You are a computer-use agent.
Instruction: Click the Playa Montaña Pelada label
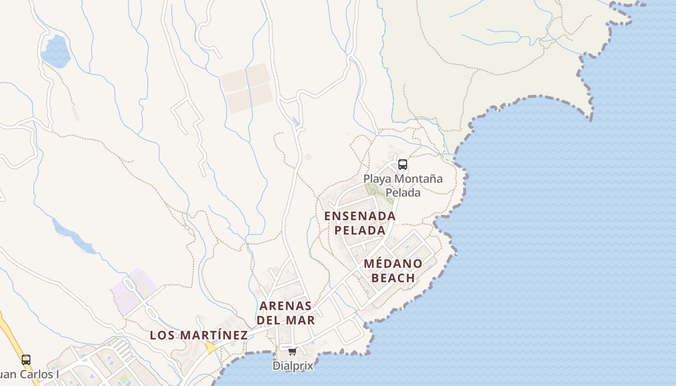(403, 186)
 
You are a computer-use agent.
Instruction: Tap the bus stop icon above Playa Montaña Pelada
(402, 165)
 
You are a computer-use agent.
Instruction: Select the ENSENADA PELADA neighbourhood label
(360, 223)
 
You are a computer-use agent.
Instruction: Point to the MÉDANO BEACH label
(393, 271)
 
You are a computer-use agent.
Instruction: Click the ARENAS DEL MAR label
(285, 313)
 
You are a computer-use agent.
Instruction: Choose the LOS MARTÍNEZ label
(198, 335)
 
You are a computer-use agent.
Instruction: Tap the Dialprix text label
(293, 366)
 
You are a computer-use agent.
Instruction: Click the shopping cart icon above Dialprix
(292, 351)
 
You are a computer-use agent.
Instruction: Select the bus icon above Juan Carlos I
(26, 360)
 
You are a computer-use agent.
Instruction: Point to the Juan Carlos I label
(29, 374)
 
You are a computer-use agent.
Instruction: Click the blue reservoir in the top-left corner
(56, 51)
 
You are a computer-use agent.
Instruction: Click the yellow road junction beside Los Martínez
(211, 347)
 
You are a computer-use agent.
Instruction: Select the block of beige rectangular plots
(247, 88)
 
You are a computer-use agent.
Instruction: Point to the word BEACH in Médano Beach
(393, 278)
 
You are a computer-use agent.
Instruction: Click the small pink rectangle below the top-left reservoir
(75, 113)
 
